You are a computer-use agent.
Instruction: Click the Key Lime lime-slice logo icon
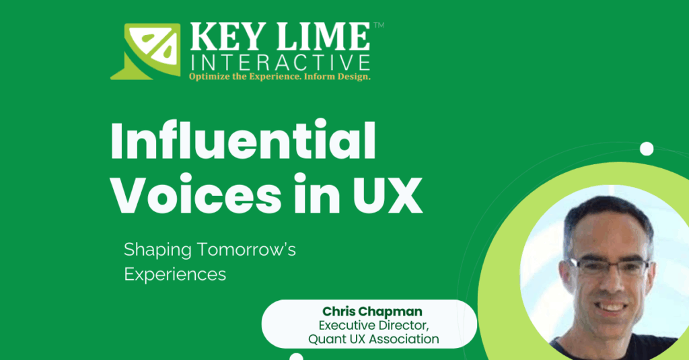point(145,51)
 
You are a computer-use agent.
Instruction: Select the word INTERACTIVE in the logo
point(281,63)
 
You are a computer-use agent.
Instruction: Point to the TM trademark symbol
point(379,26)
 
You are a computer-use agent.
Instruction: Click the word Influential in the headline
point(244,141)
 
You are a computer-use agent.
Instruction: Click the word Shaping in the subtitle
point(157,250)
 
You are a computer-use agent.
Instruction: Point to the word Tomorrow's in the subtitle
point(246,250)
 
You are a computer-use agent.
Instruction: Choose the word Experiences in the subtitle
point(175,275)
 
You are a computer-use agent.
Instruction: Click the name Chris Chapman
point(373,312)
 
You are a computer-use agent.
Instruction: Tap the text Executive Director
point(374,326)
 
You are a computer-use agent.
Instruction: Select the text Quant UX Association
point(373,339)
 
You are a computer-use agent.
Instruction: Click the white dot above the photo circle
point(647,149)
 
